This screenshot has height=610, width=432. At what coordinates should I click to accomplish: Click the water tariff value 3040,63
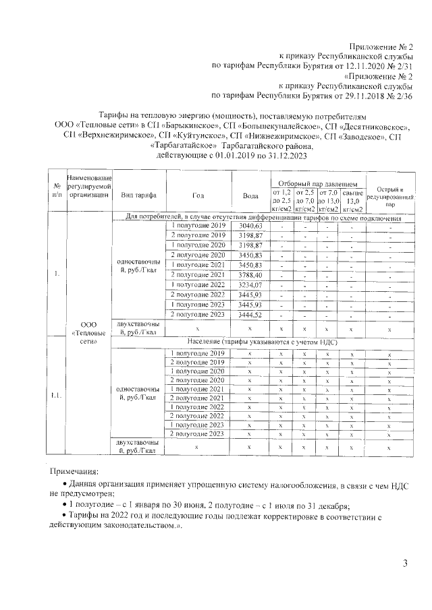pos(250,225)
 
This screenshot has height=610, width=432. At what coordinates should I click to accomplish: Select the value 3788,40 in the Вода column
pos(250,275)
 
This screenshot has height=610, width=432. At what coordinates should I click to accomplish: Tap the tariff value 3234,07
pos(250,285)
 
